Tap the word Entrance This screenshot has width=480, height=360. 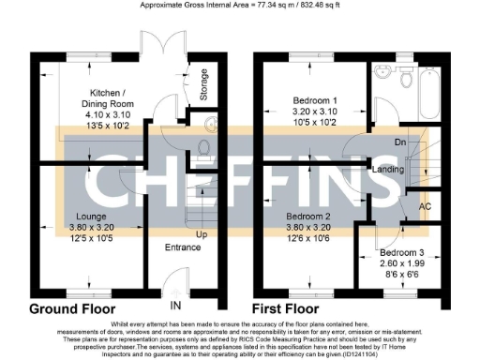tap(183, 247)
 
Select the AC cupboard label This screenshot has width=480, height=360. tap(424, 206)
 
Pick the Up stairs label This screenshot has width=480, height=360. tap(200, 232)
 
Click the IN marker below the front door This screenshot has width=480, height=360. tap(174, 306)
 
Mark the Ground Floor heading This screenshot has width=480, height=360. tap(72, 308)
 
